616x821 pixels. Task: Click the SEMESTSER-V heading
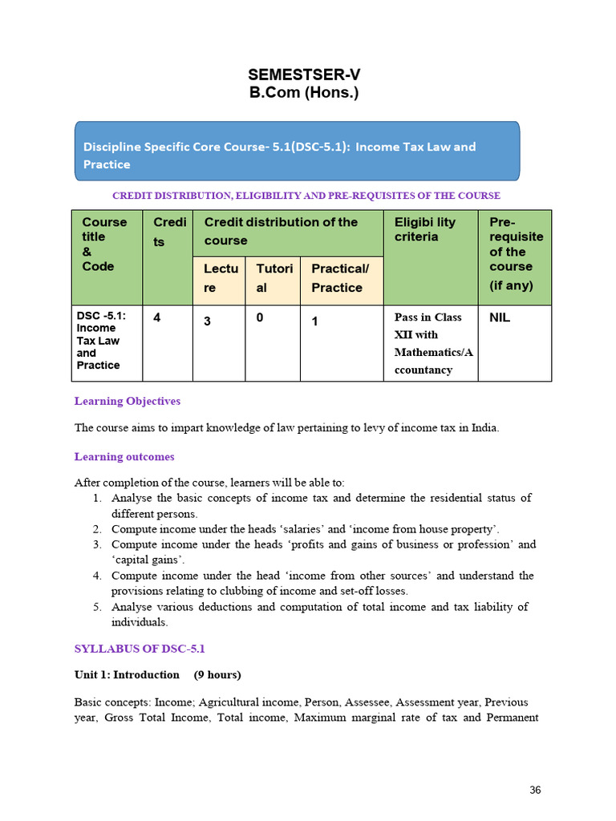pyautogui.click(x=304, y=75)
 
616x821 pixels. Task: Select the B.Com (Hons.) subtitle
pyautogui.click(x=304, y=92)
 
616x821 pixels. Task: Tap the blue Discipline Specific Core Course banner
pyautogui.click(x=297, y=152)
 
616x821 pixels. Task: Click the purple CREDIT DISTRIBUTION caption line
pyautogui.click(x=306, y=196)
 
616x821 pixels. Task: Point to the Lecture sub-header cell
pyautogui.click(x=218, y=278)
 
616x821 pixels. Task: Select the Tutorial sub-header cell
pyautogui.click(x=272, y=278)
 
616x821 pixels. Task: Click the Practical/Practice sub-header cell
pyautogui.click(x=341, y=278)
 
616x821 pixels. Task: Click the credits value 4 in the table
pyautogui.click(x=157, y=317)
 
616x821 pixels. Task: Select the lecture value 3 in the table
pyautogui.click(x=207, y=320)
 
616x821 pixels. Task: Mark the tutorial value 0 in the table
pyautogui.click(x=260, y=317)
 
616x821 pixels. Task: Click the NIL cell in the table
pyautogui.click(x=500, y=317)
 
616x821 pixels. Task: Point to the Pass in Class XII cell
pyautogui.click(x=432, y=343)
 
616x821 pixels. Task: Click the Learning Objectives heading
pyautogui.click(x=128, y=401)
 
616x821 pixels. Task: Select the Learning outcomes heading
pyautogui.click(x=124, y=457)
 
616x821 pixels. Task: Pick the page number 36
pyautogui.click(x=535, y=790)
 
